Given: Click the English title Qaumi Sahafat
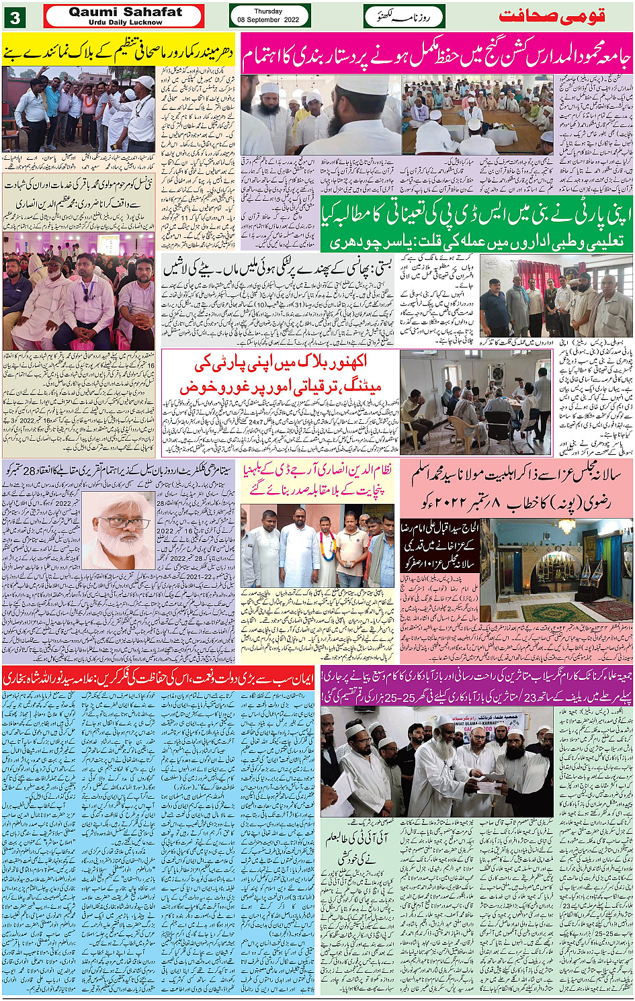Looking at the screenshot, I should pos(125,12).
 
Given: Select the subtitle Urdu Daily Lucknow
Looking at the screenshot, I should pos(125,22).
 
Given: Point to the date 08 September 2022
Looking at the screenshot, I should pos(268,20).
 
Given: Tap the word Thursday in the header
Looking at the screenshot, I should pos(268,11).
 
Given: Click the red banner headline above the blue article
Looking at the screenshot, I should pos(159,679).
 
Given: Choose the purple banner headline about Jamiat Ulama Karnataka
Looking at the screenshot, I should pos(476,685).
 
